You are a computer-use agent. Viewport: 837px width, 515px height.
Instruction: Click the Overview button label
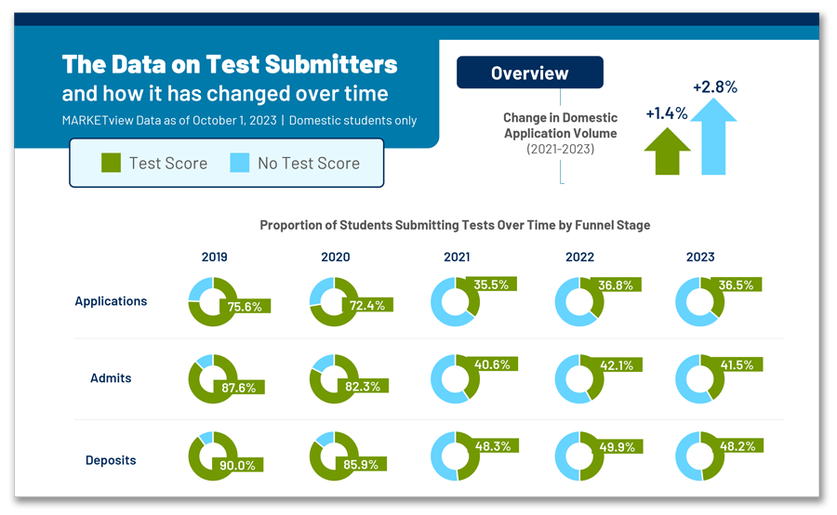pyautogui.click(x=529, y=73)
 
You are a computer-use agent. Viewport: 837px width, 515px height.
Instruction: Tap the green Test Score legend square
pyautogui.click(x=111, y=163)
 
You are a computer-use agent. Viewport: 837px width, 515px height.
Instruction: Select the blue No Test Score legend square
pyautogui.click(x=240, y=163)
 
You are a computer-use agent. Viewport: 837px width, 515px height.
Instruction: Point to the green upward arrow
pyautogui.click(x=667, y=152)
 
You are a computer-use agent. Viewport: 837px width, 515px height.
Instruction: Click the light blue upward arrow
pyautogui.click(x=713, y=137)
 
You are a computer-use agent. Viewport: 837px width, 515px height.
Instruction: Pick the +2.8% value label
pyautogui.click(x=715, y=87)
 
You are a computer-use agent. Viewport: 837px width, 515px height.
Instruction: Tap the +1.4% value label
pyautogui.click(x=667, y=113)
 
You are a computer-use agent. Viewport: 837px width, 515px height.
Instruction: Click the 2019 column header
pyautogui.click(x=215, y=257)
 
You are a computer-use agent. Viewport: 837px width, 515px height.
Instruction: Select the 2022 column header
pyautogui.click(x=579, y=257)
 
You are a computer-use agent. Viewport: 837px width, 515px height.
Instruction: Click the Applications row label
pyautogui.click(x=111, y=301)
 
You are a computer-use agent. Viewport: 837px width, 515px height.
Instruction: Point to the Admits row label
pyautogui.click(x=111, y=377)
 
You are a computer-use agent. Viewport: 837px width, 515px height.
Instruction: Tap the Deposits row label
pyautogui.click(x=111, y=460)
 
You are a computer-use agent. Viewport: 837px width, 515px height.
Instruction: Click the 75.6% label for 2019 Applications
pyautogui.click(x=245, y=307)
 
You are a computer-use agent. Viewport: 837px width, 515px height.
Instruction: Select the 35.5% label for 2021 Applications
pyautogui.click(x=491, y=285)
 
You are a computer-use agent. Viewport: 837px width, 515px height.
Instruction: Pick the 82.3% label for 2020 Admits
pyautogui.click(x=363, y=387)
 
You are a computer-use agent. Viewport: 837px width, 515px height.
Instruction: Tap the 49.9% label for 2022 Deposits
pyautogui.click(x=618, y=447)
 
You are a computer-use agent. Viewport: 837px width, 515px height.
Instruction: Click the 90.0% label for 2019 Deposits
pyautogui.click(x=237, y=466)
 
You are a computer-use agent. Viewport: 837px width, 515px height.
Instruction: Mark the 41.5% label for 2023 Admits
pyautogui.click(x=737, y=365)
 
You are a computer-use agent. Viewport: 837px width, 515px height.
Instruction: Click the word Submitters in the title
pyautogui.click(x=331, y=64)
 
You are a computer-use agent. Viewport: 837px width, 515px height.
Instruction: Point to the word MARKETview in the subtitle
pyautogui.click(x=98, y=121)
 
